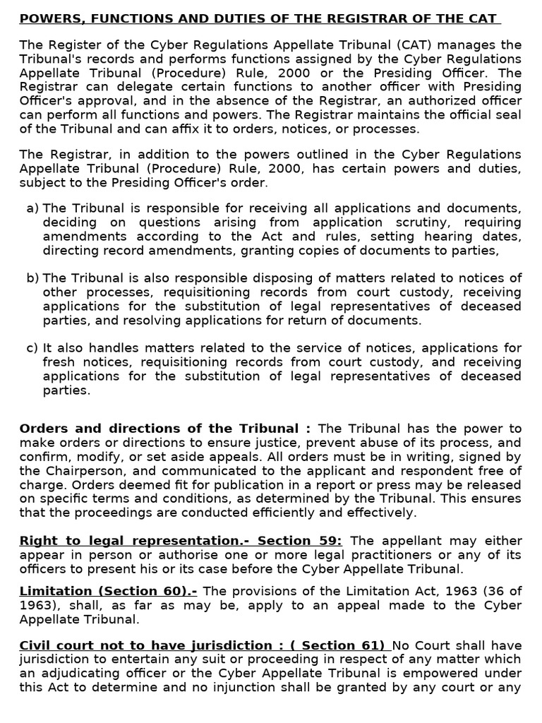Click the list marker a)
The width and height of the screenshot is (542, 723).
[32, 208]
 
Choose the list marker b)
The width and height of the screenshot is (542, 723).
[32, 277]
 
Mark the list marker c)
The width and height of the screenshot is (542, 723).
[32, 347]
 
